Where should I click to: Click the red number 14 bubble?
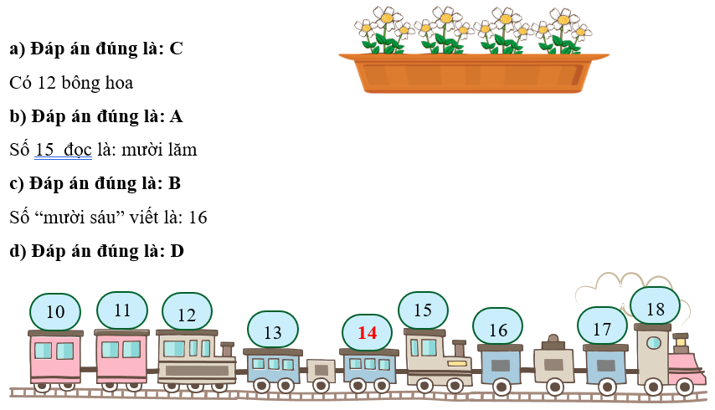368,332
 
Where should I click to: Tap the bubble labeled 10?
55,312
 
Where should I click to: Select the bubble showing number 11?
122,310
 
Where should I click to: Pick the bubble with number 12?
186,315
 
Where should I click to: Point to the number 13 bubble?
273,331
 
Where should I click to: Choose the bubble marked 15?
423,310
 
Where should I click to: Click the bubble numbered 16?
497,329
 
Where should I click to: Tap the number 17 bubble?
602,328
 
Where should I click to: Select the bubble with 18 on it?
655,309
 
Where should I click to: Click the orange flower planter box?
473,73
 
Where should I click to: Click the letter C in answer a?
176,49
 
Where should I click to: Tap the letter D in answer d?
177,250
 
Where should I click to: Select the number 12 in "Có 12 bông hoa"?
47,83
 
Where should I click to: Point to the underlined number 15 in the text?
44,150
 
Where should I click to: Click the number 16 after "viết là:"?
198,218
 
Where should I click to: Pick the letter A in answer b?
177,116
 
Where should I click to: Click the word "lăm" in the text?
181,150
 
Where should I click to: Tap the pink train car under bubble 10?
55,356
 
